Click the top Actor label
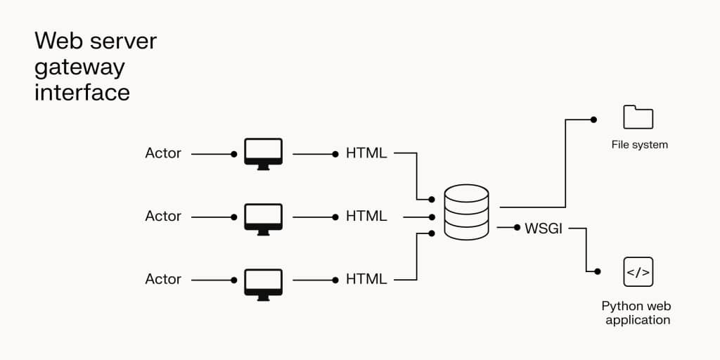[x=163, y=153]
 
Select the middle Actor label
[x=163, y=217]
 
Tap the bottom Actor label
[x=163, y=279]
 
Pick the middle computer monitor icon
[x=263, y=217]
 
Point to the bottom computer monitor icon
[x=263, y=283]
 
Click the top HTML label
[x=366, y=153]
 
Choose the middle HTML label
[x=366, y=217]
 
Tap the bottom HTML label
[x=366, y=279]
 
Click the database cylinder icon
[x=466, y=211]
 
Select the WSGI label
[x=544, y=229]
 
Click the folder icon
[x=638, y=117]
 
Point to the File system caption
[x=639, y=145]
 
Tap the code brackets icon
[x=638, y=271]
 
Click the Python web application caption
[x=637, y=313]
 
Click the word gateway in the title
[x=79, y=67]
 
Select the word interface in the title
[x=82, y=93]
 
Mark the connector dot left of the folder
[x=593, y=120]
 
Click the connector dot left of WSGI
[x=517, y=228]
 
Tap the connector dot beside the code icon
[x=598, y=271]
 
